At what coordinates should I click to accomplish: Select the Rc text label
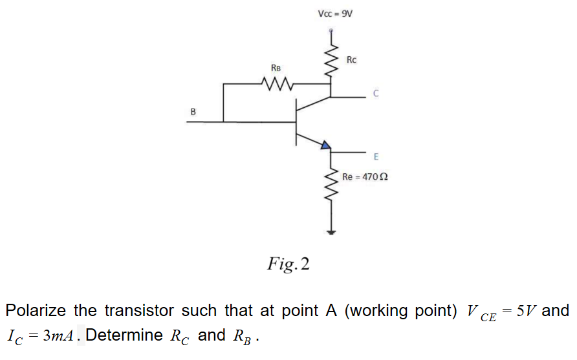click(351, 60)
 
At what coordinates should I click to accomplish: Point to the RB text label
click(276, 67)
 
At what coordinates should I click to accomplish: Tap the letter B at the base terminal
click(192, 112)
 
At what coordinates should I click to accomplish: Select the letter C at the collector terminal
click(375, 94)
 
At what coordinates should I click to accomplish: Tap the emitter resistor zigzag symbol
click(332, 187)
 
